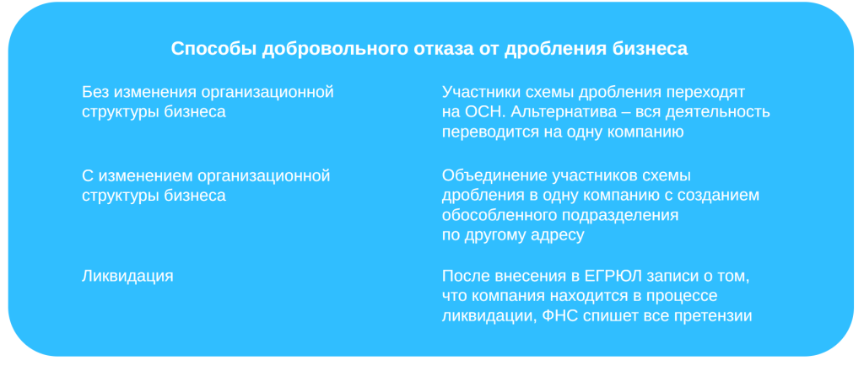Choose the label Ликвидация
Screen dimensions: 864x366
pyautogui.click(x=127, y=276)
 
